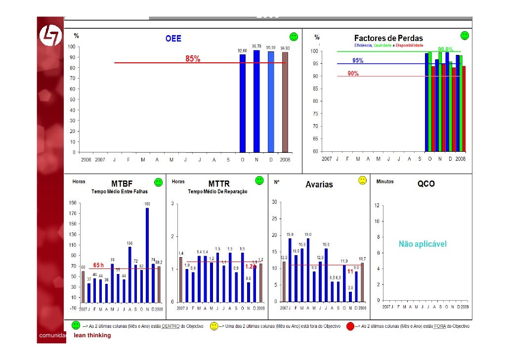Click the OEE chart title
173,39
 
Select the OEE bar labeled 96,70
256,101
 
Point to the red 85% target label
193,59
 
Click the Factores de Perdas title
388,39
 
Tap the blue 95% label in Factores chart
358,61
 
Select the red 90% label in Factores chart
353,73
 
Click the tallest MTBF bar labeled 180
147,255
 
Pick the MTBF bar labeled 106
130,274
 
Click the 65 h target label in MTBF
98,265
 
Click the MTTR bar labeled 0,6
248,292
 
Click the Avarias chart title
319,185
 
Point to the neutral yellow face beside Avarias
362,180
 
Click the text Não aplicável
423,244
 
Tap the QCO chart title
426,184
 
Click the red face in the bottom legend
350,326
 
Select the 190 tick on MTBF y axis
72,202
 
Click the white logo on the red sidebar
49,36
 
